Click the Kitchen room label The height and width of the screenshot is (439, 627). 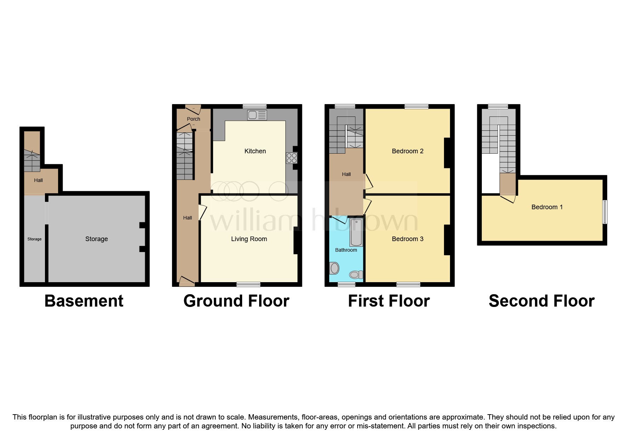point(255,151)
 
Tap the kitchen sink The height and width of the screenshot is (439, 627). point(257,115)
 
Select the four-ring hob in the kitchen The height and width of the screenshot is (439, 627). point(291,158)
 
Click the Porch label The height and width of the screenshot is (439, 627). point(193,119)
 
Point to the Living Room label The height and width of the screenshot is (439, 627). point(249,239)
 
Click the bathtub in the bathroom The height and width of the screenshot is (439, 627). point(356,232)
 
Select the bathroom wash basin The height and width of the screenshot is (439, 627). point(334,268)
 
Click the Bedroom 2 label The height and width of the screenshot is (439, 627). point(407,151)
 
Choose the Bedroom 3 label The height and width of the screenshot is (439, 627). point(407,239)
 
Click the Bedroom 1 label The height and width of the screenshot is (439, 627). point(547,207)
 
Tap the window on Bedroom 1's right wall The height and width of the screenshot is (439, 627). point(605,212)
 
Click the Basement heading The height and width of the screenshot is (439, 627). point(84,301)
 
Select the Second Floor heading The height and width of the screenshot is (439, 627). point(541,301)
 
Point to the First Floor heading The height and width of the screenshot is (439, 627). point(389,301)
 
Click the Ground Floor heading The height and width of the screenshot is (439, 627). point(236,301)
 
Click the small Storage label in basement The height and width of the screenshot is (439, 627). point(34,239)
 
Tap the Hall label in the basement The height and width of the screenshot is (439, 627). point(38,180)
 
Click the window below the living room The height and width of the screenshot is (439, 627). point(248,284)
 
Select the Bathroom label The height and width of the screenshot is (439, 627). point(346,250)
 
